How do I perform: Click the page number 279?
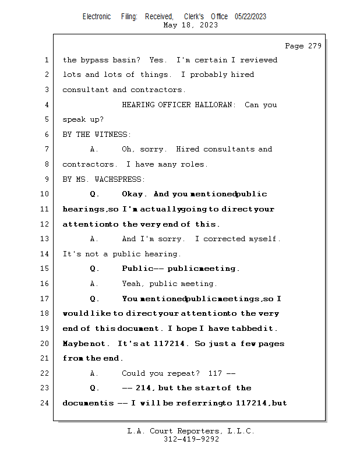tap(315, 46)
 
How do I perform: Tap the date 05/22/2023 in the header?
tap(250, 16)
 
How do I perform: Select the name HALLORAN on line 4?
tap(213, 105)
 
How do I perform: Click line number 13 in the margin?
tap(44, 239)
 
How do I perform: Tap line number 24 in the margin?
tap(44, 403)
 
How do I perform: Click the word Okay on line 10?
tap(133, 194)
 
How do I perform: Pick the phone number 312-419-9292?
tap(191, 439)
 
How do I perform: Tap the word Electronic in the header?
tap(97, 16)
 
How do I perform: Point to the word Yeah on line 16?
tap(131, 284)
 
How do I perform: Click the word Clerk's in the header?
tap(194, 16)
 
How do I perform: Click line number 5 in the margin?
tap(47, 119)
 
